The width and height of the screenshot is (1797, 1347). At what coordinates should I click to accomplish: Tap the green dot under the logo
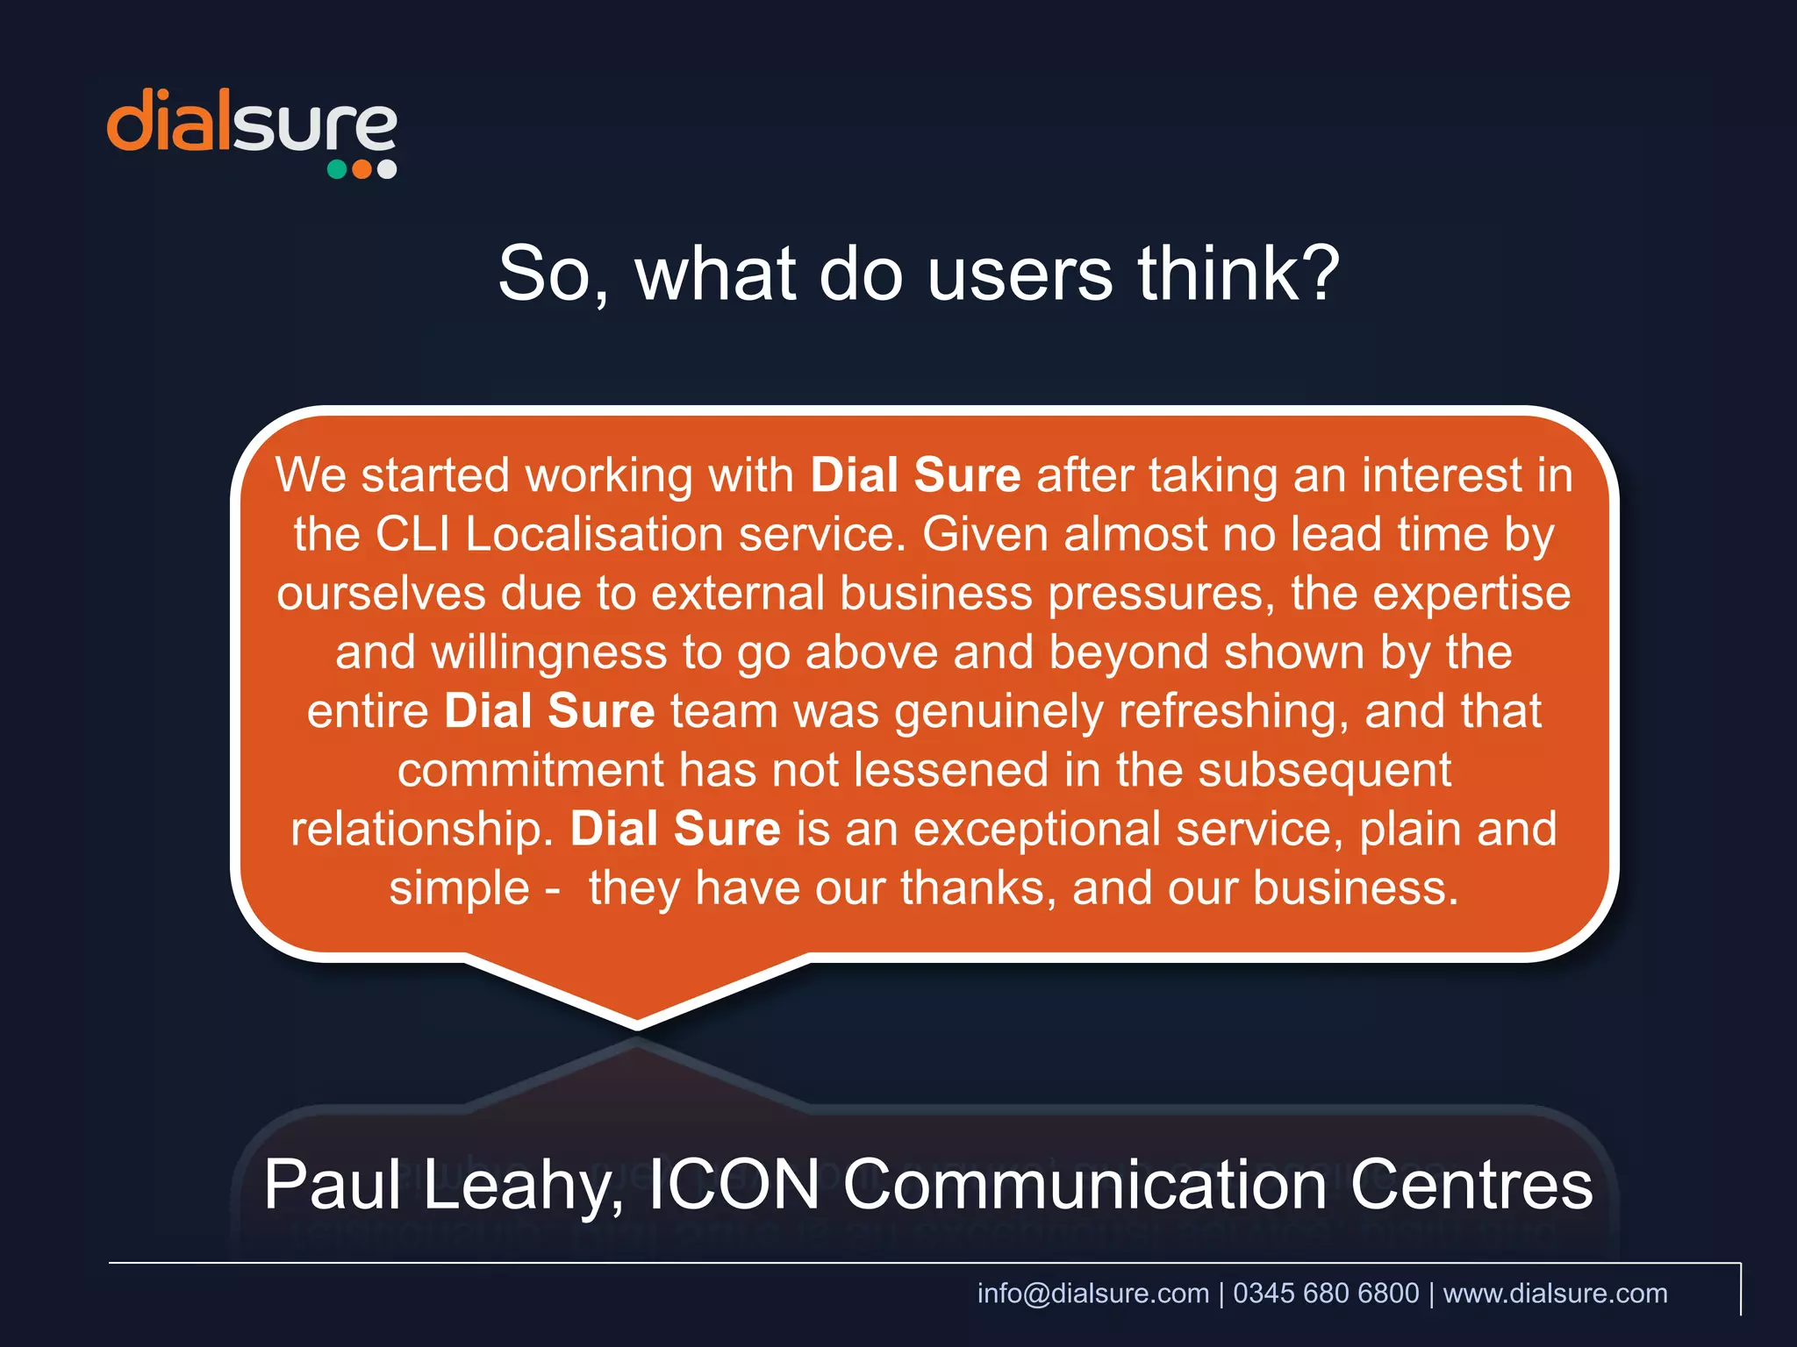click(337, 169)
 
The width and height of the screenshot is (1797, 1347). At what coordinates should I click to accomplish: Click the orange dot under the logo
click(362, 169)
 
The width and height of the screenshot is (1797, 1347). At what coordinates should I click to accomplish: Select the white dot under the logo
click(387, 169)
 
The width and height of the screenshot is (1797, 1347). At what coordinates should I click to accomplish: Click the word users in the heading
click(1020, 274)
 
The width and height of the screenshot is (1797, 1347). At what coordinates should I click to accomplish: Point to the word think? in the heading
click(1239, 274)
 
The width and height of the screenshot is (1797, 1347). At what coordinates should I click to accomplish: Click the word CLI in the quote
click(412, 534)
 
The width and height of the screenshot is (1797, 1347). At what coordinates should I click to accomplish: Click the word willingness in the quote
click(548, 652)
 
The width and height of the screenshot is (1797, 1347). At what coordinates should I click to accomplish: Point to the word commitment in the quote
click(530, 770)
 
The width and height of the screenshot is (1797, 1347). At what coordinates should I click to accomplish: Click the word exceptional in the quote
click(1037, 829)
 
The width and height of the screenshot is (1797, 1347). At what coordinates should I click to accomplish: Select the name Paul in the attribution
click(333, 1185)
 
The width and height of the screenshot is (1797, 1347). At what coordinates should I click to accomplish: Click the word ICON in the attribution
click(734, 1185)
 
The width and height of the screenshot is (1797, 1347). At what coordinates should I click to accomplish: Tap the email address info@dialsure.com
click(1092, 1293)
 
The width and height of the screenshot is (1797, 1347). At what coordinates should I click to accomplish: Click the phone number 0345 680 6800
click(1326, 1293)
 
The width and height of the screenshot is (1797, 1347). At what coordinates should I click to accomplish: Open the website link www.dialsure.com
click(1555, 1293)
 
